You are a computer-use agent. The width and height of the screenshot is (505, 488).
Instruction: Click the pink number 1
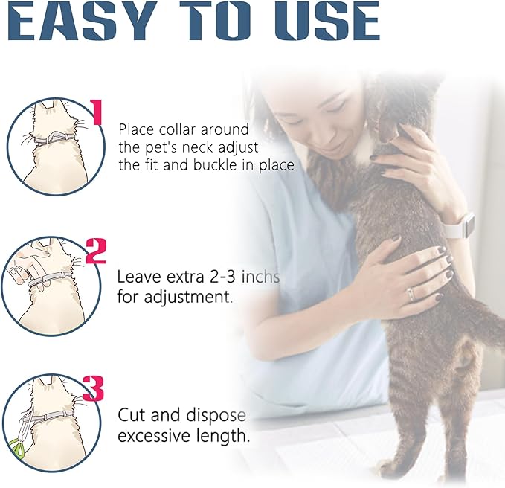tap(95, 112)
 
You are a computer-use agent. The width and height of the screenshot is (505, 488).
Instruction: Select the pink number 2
tap(96, 251)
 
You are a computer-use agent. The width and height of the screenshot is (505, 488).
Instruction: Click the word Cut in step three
tap(131, 415)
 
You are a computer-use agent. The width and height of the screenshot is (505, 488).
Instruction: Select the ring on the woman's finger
tap(410, 294)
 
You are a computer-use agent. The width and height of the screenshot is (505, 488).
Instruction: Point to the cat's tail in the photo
tap(483, 327)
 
